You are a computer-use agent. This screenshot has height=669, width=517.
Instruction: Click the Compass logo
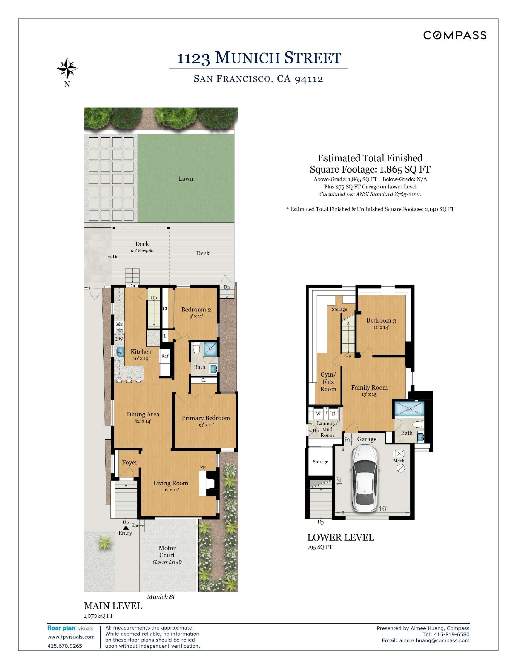tap(455, 35)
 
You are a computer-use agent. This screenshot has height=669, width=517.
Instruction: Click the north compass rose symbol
tap(67, 68)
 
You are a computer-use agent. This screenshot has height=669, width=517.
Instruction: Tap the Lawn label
tap(185, 179)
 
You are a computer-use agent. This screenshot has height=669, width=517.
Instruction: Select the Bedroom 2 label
tap(196, 309)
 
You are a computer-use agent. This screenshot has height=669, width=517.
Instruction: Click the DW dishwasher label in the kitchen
tap(119, 339)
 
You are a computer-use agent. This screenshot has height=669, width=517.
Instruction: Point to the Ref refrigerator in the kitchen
tap(165, 356)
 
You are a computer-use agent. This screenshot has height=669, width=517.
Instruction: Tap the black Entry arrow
tap(125, 528)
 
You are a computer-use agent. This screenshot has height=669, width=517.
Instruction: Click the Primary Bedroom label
tap(205, 418)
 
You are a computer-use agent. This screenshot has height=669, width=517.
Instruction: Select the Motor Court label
tap(167, 552)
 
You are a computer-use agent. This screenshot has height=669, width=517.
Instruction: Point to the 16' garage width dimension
tap(383, 509)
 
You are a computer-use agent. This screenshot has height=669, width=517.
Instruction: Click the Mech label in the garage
tap(398, 461)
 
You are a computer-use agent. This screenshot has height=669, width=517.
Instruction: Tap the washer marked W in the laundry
tap(318, 414)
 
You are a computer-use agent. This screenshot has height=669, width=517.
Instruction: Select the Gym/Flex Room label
tap(328, 382)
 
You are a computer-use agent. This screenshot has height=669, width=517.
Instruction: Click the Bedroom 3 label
tap(381, 321)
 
